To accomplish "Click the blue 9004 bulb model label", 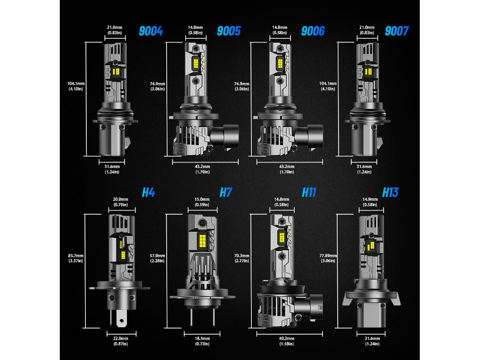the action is [151, 31].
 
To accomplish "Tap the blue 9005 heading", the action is [229, 31].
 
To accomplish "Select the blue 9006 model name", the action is [313, 31].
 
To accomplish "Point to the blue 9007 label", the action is [397, 31].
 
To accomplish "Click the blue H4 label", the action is [149, 192].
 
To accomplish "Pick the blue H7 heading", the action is [226, 192].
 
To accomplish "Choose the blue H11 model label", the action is [309, 192].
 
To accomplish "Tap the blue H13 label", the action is [390, 192].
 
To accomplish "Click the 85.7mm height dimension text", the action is [76, 256].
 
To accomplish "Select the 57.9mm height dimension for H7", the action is [157, 256].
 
